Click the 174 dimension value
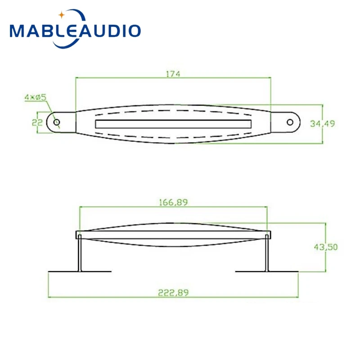(x=173, y=74)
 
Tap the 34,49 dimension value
(x=322, y=123)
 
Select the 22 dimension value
(x=37, y=122)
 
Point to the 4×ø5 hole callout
(x=36, y=97)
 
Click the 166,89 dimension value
(x=173, y=202)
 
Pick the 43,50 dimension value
(x=326, y=247)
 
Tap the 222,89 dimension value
(x=173, y=292)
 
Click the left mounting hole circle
(x=57, y=122)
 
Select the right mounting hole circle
(x=290, y=122)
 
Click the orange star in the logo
(x=62, y=15)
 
